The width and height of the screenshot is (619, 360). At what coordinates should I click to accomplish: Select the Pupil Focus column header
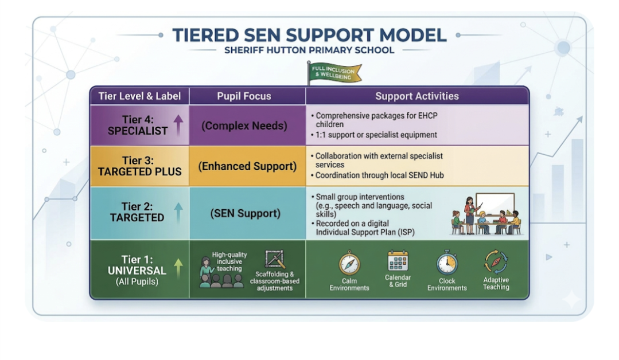click(x=244, y=96)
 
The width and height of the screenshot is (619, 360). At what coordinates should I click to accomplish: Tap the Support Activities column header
click(x=416, y=96)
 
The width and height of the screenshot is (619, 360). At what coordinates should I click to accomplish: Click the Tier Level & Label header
click(x=139, y=96)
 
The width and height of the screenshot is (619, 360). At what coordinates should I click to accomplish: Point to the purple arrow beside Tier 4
click(x=178, y=124)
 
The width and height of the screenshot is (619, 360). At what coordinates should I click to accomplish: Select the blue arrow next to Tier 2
click(x=178, y=213)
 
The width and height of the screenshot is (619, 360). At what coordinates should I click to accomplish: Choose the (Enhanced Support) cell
click(x=247, y=166)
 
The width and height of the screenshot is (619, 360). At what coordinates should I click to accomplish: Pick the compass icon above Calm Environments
click(x=349, y=264)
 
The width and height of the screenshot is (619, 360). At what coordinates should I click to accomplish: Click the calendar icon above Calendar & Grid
click(x=398, y=262)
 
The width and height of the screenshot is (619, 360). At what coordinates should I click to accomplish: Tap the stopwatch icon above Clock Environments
click(x=447, y=264)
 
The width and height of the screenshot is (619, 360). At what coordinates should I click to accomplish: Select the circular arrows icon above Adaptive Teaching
click(x=496, y=262)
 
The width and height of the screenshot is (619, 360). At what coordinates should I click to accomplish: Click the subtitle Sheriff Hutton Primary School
click(x=309, y=50)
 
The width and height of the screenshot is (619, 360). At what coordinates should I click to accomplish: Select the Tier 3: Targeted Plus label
click(x=139, y=166)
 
